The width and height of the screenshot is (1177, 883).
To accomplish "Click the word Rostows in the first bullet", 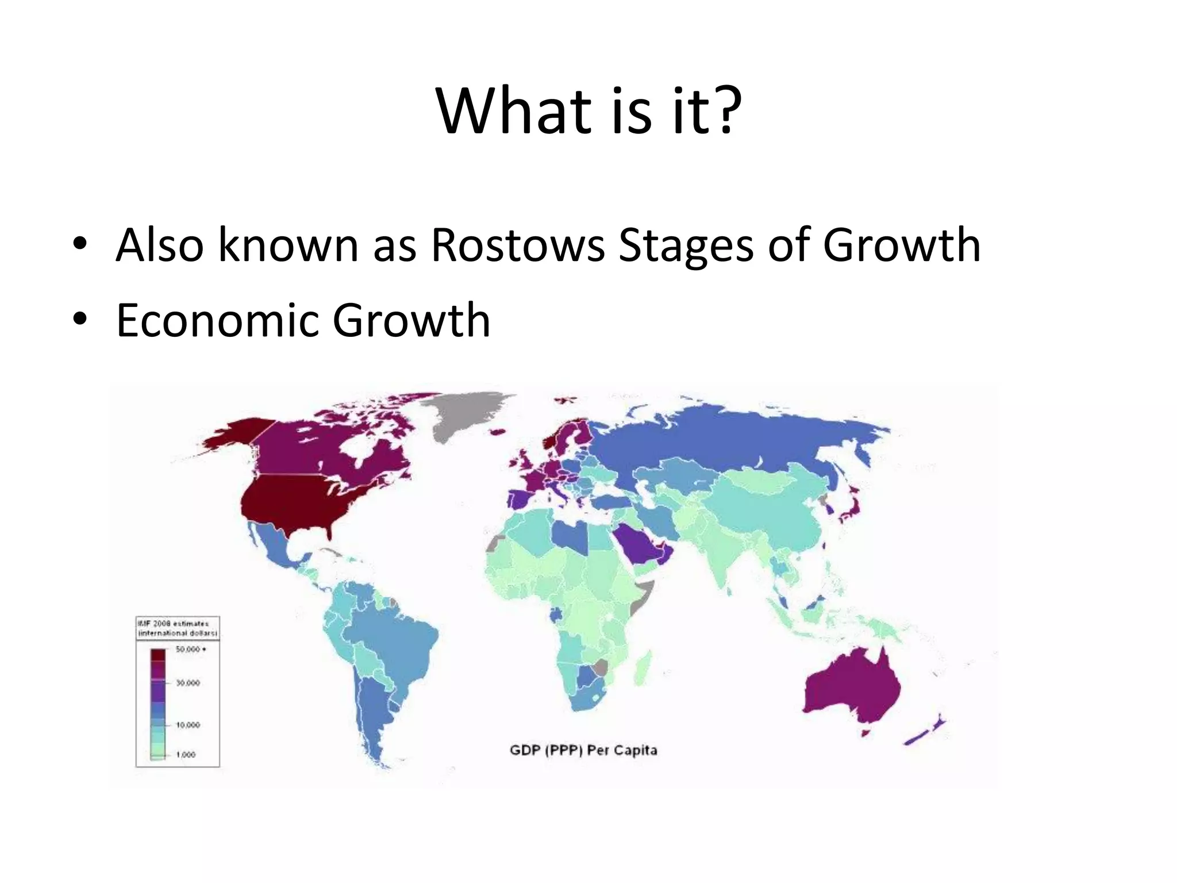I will coord(517,245).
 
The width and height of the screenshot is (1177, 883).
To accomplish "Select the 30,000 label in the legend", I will coord(188,683).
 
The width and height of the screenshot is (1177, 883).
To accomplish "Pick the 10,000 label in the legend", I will coord(188,725).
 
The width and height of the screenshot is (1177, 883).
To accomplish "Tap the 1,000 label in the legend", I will coord(186,754).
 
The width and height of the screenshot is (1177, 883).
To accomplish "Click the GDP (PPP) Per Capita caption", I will coord(583,750).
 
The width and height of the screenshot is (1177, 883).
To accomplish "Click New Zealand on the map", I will coord(925,730).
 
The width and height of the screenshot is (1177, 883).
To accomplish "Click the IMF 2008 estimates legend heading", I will coord(178,628).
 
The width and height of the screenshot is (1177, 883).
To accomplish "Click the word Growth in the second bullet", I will coord(411,320).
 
